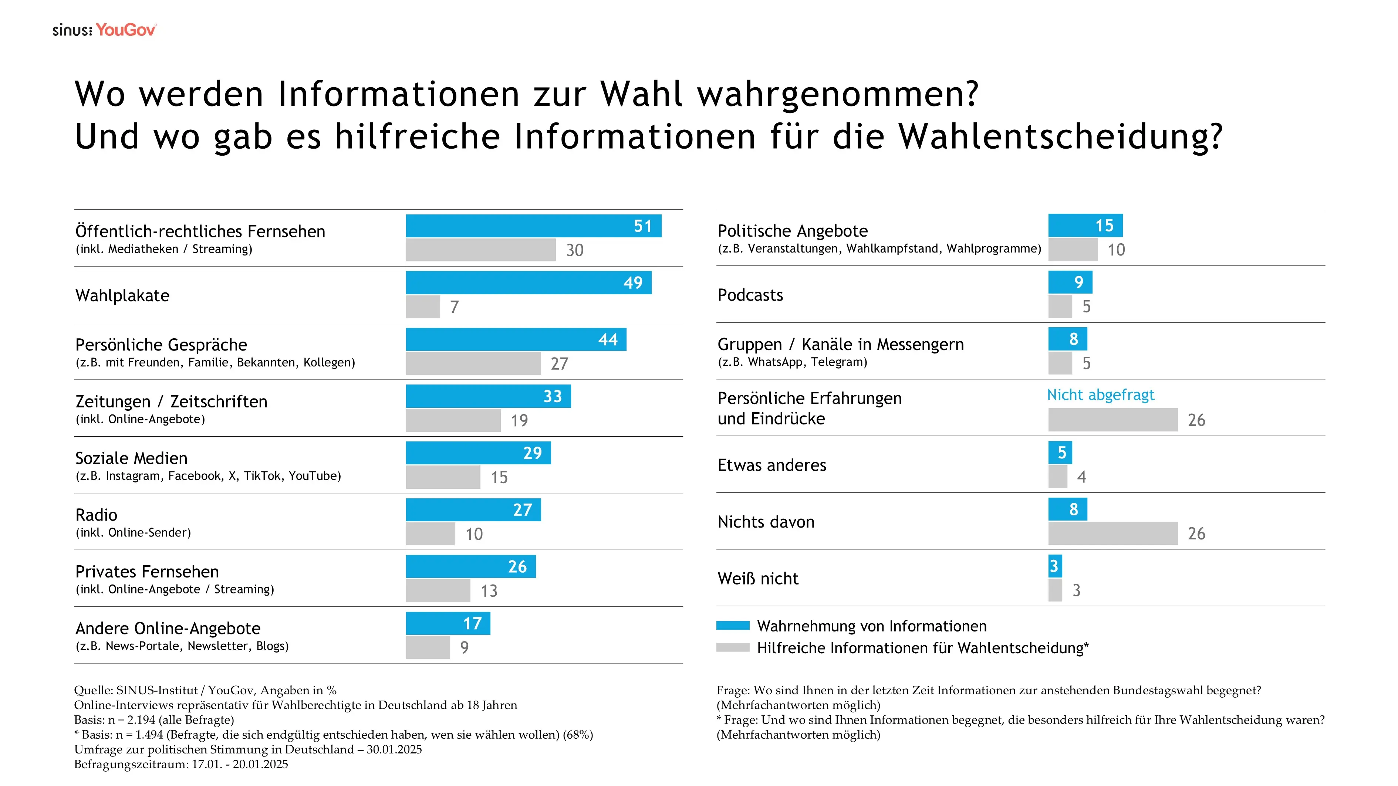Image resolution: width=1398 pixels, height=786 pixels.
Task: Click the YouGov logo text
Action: (126, 30)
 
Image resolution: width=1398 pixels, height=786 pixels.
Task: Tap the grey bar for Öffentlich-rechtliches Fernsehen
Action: (480, 250)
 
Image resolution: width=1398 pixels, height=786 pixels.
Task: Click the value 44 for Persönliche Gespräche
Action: (608, 339)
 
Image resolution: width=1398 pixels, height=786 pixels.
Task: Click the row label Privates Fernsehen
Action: (147, 571)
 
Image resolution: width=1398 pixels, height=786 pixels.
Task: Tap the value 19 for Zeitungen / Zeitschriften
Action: (519, 420)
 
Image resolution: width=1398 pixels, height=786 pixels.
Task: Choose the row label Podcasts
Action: (750, 295)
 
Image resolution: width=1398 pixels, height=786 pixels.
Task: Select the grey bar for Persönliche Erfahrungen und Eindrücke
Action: (1112, 420)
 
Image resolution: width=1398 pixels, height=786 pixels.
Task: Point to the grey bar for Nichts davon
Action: (1112, 533)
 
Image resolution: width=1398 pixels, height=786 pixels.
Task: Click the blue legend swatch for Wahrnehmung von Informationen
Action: (733, 626)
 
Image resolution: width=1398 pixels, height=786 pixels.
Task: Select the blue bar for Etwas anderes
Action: (1060, 453)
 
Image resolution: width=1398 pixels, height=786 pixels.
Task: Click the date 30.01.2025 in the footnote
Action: (394, 750)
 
